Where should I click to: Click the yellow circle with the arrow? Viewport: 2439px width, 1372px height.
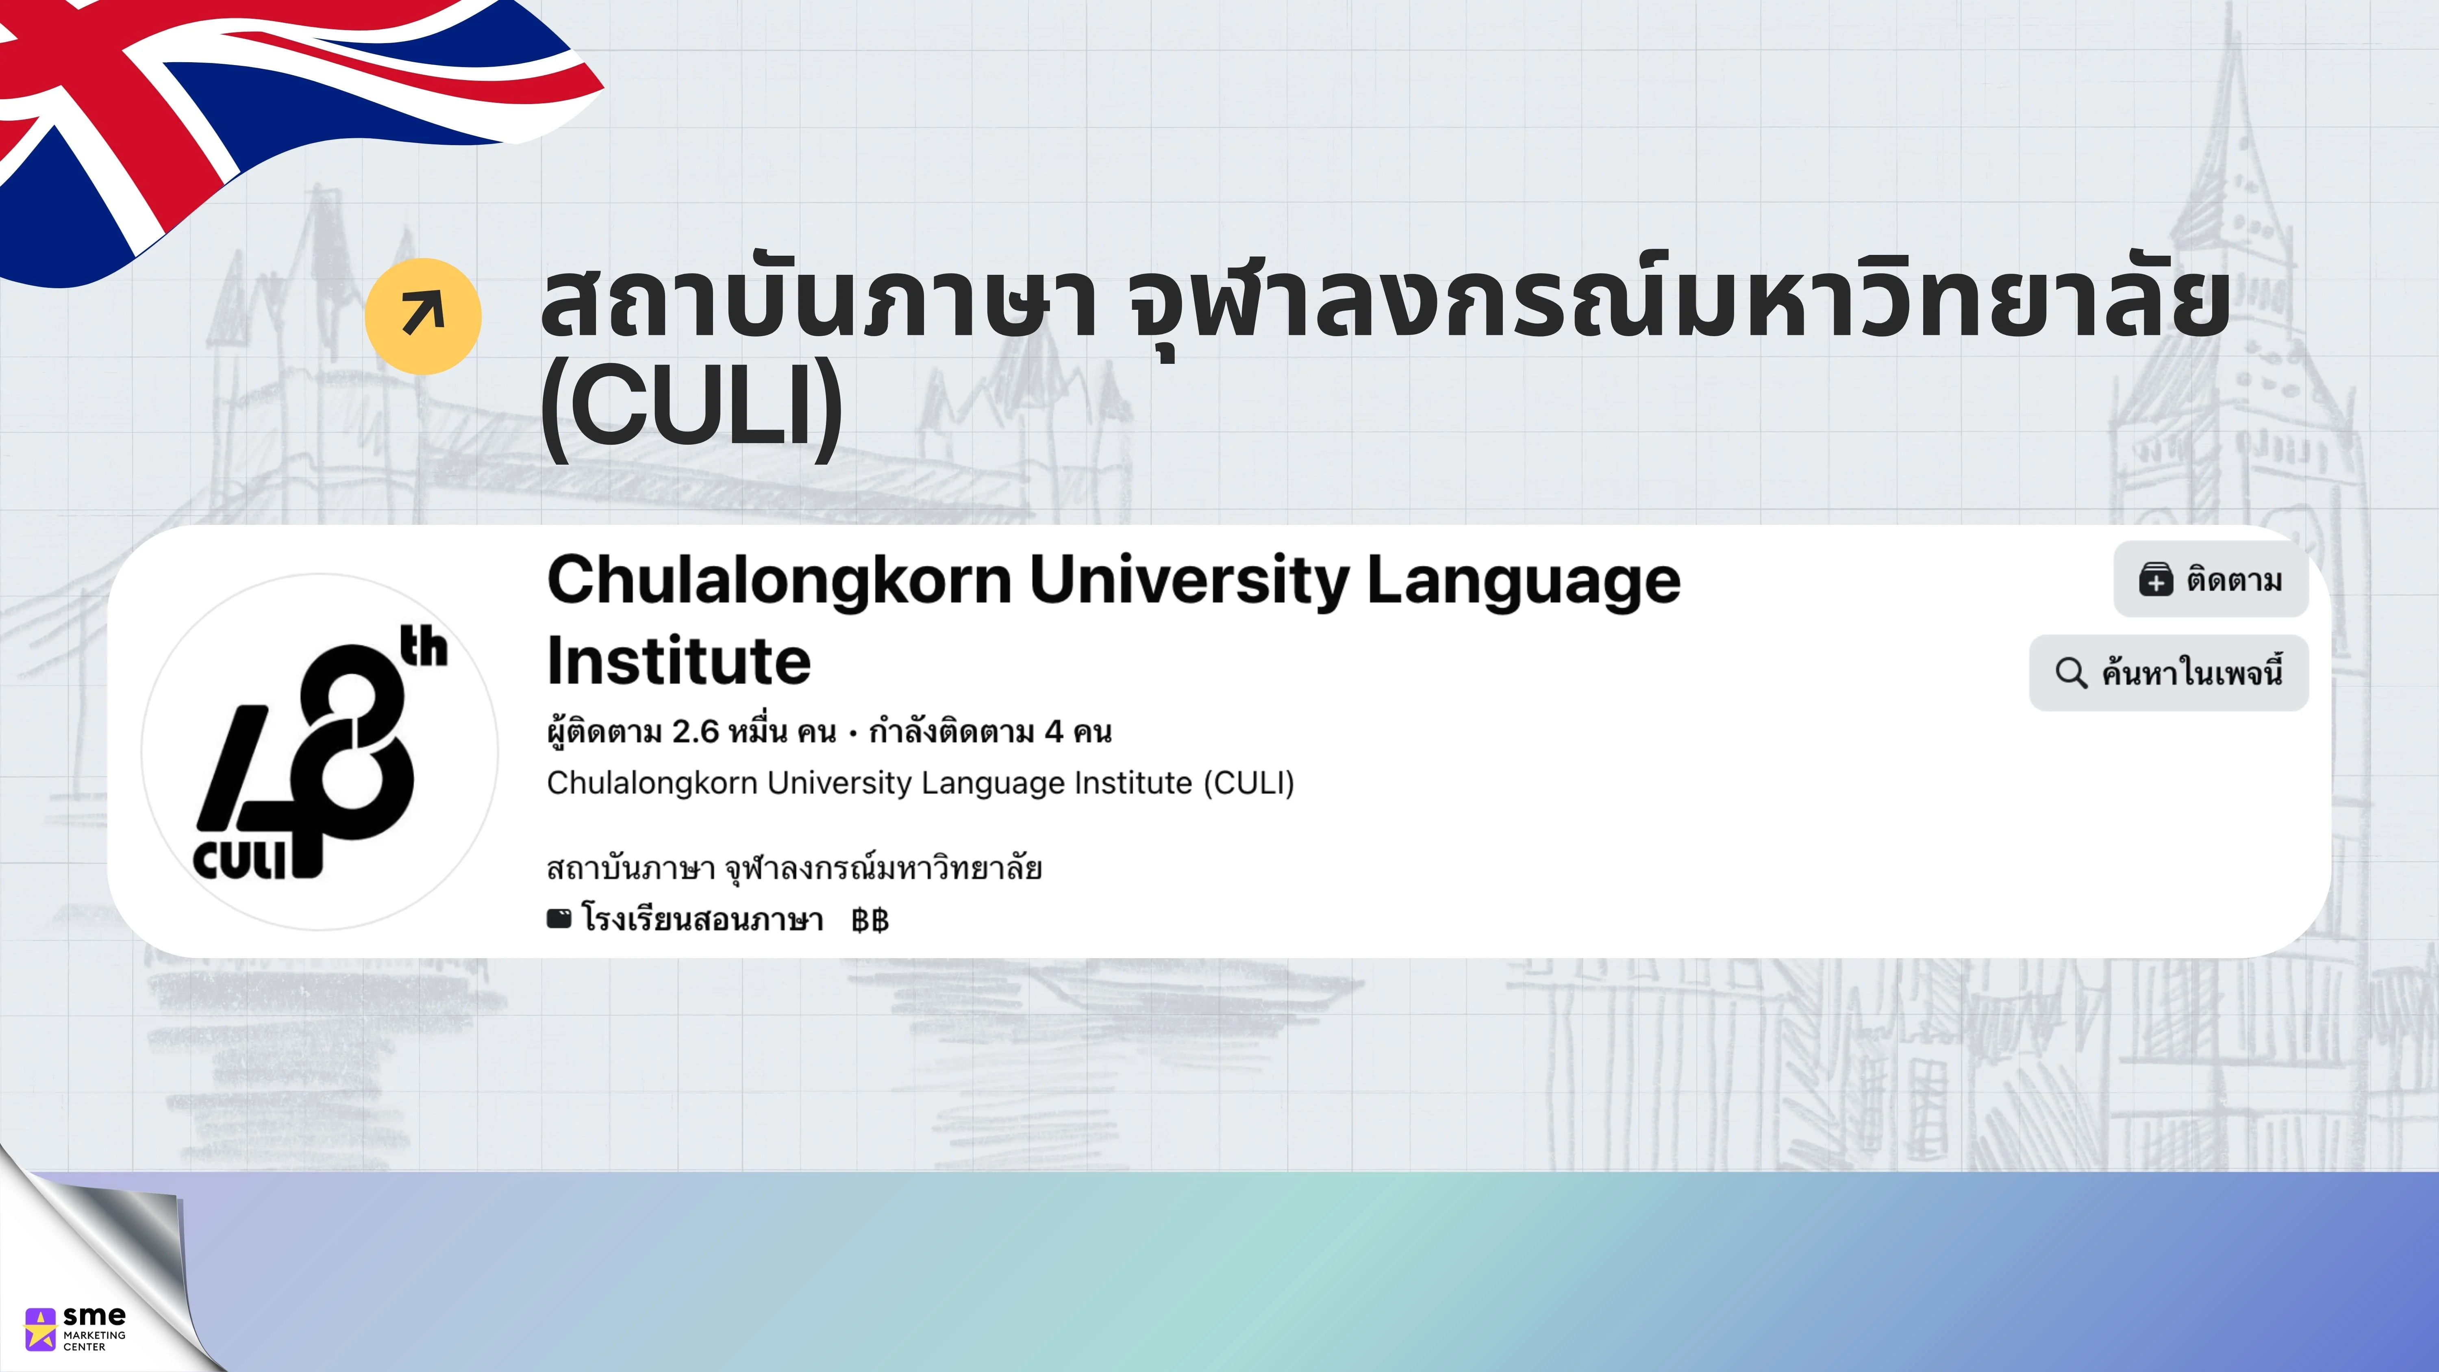(x=423, y=315)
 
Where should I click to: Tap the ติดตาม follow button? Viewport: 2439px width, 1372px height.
(x=2211, y=579)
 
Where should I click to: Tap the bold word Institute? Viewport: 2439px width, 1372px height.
(x=679, y=661)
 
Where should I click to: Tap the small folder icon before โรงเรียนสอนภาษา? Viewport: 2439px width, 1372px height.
(x=560, y=918)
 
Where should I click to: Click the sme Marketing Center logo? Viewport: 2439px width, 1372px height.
(x=76, y=1329)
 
